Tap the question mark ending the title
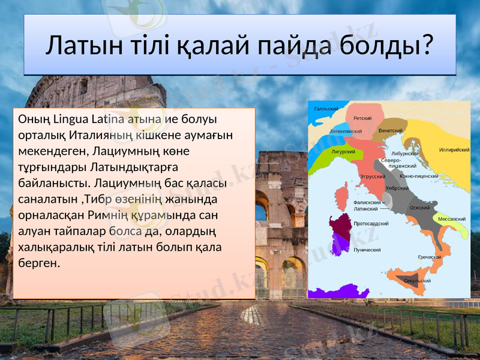click(x=426, y=46)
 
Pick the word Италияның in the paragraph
click(x=101, y=134)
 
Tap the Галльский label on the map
click(x=326, y=109)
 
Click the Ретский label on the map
click(x=362, y=118)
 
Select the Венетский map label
click(x=391, y=130)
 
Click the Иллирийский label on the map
click(x=454, y=149)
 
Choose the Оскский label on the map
click(x=419, y=208)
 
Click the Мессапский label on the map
click(x=452, y=219)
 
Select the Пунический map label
click(x=367, y=248)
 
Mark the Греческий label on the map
click(x=430, y=257)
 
